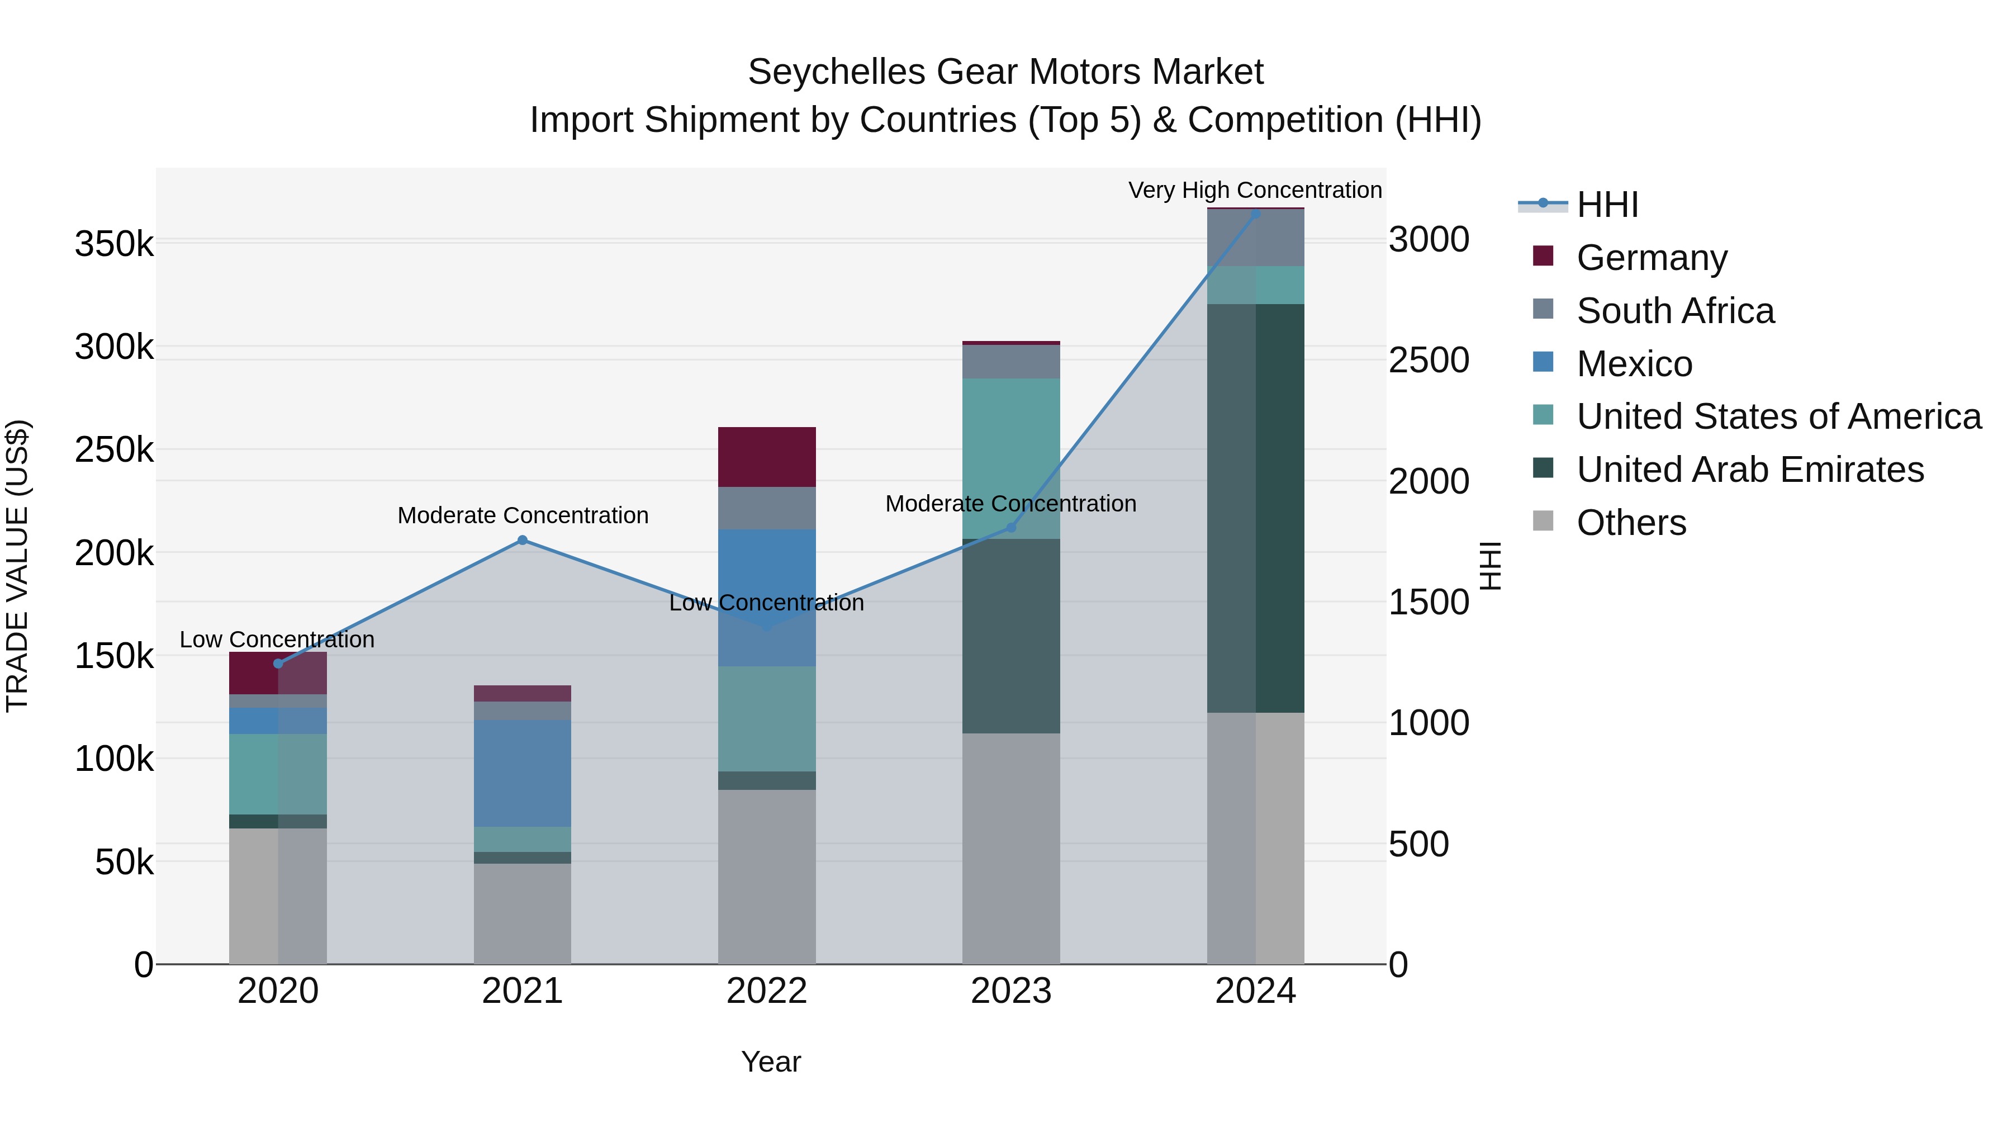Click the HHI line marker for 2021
[x=523, y=540]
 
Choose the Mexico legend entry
[x=1634, y=364]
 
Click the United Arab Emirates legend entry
[x=1749, y=470]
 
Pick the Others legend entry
[x=1631, y=523]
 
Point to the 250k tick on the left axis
[x=114, y=450]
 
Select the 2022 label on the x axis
[x=766, y=991]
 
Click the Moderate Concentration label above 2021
[x=523, y=515]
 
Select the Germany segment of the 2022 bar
[x=766, y=457]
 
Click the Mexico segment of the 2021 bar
[x=523, y=774]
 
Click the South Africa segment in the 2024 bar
[x=1255, y=238]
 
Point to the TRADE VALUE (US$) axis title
[x=17, y=566]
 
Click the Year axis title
[x=770, y=1062]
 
